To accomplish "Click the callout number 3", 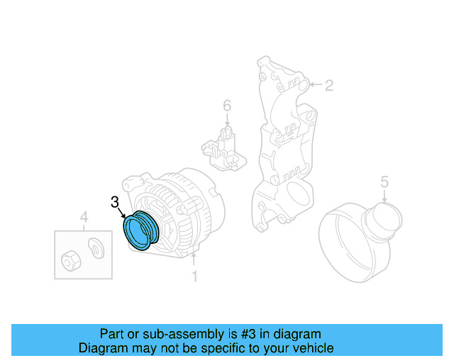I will tap(115, 202).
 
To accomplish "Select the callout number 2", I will tap(328, 86).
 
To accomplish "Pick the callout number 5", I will tap(384, 181).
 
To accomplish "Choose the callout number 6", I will tap(227, 106).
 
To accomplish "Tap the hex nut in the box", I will tap(70, 260).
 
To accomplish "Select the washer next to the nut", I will tap(94, 248).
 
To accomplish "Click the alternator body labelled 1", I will tap(188, 213).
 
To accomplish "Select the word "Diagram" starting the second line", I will tap(102, 348).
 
